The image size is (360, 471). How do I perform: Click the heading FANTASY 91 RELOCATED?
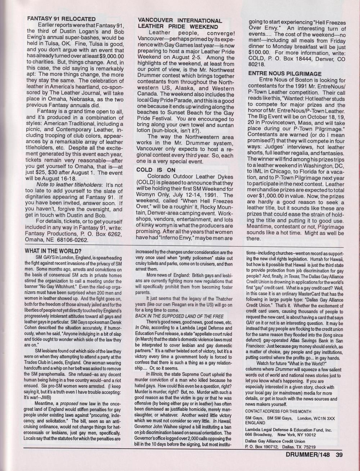coord(61,19)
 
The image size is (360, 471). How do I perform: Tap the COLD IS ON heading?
coord(156,170)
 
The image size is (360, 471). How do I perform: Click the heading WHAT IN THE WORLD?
coord(53,251)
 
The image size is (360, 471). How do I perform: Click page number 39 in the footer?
coord(339,455)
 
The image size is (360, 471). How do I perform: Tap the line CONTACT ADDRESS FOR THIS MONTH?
coord(278,411)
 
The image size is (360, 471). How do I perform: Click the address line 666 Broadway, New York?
coord(278,435)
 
